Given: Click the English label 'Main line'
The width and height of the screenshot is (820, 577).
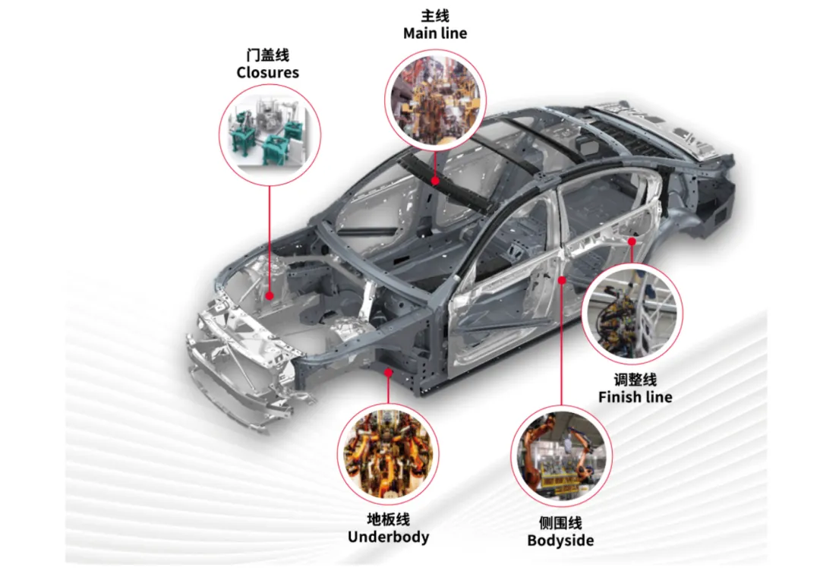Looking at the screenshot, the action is (435, 33).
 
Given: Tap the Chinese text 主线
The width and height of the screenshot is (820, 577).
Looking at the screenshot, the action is (435, 16).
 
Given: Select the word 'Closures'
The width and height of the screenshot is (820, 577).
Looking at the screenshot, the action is (268, 73).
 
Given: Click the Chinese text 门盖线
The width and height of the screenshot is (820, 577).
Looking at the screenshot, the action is (268, 55).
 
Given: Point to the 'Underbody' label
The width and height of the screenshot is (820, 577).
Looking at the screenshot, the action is (388, 537).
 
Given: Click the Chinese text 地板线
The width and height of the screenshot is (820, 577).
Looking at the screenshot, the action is (388, 519).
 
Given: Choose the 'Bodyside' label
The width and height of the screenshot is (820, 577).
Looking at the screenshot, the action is (560, 541).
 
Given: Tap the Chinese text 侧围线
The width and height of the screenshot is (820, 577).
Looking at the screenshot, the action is (560, 523).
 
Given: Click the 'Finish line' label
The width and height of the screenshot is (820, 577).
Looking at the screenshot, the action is (635, 397).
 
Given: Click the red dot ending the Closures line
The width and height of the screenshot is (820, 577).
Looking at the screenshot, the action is (270, 296).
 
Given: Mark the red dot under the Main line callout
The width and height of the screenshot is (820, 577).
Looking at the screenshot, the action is (435, 181).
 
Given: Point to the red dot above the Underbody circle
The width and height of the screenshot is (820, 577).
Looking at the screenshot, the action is (388, 372).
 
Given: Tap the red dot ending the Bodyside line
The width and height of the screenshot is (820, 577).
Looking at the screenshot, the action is (562, 280).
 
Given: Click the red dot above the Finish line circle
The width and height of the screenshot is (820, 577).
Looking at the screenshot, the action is (632, 241).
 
